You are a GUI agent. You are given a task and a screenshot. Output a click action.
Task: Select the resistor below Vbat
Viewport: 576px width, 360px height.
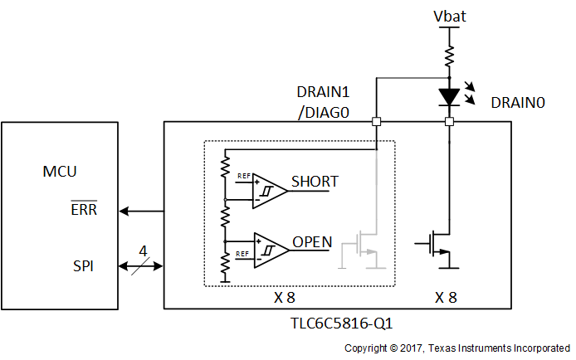click(449, 56)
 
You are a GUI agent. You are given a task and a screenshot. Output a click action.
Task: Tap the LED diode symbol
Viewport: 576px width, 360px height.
click(449, 97)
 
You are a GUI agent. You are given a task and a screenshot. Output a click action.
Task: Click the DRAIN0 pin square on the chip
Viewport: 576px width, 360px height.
click(449, 122)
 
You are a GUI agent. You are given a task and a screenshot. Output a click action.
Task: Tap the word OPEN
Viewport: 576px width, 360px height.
click(312, 243)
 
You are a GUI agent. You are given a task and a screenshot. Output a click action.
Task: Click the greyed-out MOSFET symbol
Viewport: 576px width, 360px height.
click(362, 248)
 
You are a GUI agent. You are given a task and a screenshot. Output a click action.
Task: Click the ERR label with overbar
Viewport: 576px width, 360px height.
click(83, 210)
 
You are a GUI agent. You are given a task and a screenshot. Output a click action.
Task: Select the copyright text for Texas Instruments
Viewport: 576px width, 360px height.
click(456, 348)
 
